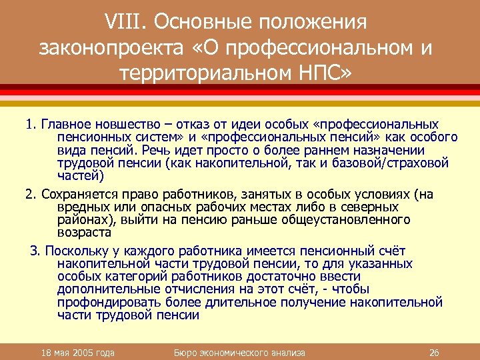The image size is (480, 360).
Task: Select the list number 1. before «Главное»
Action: coord(31,125)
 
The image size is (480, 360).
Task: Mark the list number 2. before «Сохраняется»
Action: coord(31,195)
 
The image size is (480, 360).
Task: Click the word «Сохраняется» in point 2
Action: coord(75,195)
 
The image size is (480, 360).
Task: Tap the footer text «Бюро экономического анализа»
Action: coord(239,352)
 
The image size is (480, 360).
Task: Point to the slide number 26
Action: coord(433,352)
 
